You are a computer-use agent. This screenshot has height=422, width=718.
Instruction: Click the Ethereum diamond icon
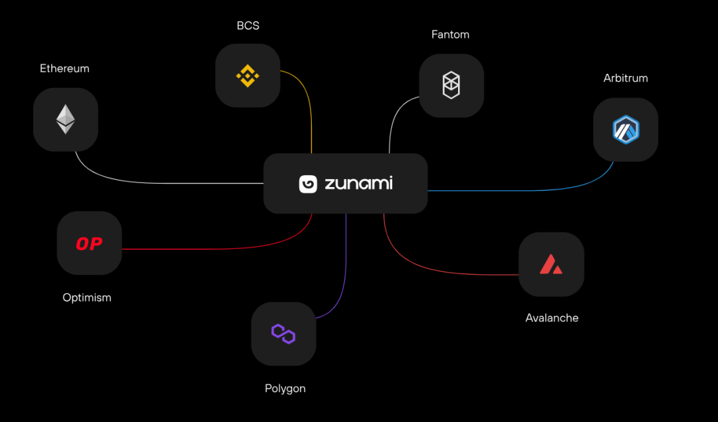point(65,119)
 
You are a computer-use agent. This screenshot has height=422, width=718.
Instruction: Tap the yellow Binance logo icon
point(248,76)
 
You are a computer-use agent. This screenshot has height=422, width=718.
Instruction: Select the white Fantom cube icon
point(451,86)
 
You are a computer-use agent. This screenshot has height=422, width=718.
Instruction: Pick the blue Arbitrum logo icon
point(626,129)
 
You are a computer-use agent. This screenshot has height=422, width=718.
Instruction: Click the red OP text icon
point(89,244)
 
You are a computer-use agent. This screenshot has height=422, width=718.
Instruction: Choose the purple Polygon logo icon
point(283,333)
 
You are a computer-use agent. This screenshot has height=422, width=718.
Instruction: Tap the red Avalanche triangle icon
point(551,264)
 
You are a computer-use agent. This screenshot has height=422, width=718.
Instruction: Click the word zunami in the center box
point(358,183)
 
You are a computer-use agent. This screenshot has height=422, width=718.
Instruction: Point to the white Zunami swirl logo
point(308,184)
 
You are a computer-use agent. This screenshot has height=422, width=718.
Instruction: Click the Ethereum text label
point(64,69)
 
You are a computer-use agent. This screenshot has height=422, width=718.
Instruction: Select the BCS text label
point(248,26)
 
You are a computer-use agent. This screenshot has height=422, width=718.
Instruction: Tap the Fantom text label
point(451,35)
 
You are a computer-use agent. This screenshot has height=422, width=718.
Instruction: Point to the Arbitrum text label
point(626,78)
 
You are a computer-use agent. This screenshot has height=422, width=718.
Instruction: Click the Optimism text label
point(87,298)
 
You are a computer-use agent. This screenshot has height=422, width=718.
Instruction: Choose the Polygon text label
point(285,388)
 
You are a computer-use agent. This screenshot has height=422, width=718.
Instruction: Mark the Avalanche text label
point(552,317)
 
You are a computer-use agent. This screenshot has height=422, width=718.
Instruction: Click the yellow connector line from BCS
point(310,113)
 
